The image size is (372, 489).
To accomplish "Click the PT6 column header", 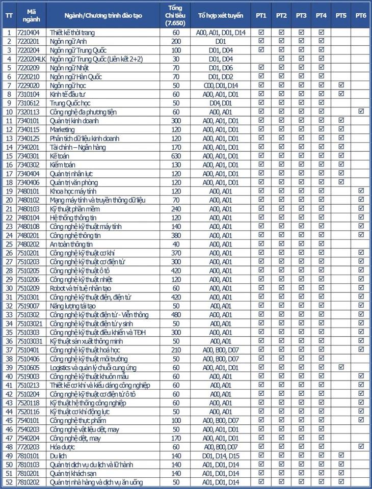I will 361,16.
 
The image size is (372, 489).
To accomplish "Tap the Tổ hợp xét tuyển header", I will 221,16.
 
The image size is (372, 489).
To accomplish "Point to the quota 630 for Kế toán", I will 176,156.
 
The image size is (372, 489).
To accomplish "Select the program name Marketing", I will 62,129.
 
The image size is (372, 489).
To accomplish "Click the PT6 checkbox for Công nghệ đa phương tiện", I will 361,112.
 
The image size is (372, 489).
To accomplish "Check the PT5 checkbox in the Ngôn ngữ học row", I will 341,85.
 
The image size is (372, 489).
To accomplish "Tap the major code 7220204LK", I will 31,59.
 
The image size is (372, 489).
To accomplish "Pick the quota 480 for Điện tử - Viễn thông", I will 176,314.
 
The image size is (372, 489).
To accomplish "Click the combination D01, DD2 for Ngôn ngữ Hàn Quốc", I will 221,76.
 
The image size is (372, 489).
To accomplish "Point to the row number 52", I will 9,481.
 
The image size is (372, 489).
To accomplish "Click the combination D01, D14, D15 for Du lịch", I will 221,455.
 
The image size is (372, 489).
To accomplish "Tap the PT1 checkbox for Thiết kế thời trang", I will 261,32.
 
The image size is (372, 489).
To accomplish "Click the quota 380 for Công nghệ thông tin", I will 176,235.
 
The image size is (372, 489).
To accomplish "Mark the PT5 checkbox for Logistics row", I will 341,367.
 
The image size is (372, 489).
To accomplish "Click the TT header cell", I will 9,16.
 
